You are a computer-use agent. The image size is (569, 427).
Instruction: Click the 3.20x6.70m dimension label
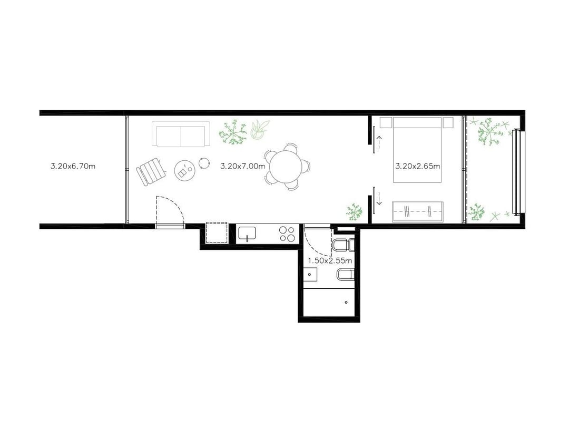point(73,167)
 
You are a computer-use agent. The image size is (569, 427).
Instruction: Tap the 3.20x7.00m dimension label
point(243,167)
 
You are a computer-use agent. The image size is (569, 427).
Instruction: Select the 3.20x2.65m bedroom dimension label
point(418,167)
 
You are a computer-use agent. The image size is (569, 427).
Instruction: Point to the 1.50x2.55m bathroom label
point(330,261)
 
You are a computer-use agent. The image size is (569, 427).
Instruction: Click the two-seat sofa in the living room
point(181,134)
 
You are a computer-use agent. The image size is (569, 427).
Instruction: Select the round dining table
point(286,167)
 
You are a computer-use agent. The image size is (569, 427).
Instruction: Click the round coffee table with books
point(185,171)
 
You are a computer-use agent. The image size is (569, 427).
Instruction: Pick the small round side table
point(204,163)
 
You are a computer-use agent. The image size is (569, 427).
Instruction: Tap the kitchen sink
point(247,233)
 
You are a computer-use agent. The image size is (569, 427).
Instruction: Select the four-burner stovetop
point(287,234)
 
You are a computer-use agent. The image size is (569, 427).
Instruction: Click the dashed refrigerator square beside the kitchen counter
point(217,233)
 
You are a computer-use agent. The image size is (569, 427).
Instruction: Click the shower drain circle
point(346,302)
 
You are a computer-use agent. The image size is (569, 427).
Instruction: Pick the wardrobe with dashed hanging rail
point(417,211)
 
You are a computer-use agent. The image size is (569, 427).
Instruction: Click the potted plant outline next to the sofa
point(260,130)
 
